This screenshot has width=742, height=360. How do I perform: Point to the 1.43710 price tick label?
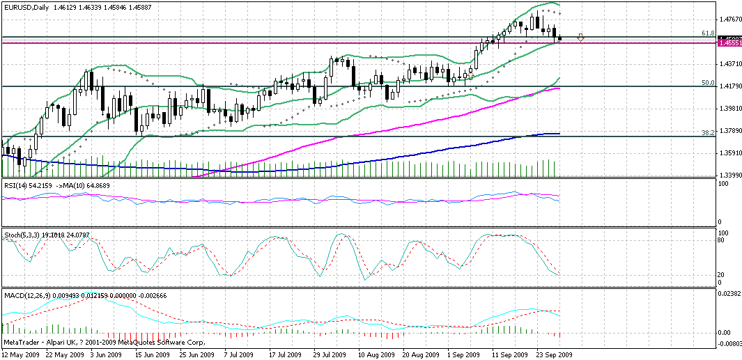pyautogui.click(x=729, y=64)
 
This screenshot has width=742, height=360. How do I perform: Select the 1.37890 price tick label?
pyautogui.click(x=729, y=131)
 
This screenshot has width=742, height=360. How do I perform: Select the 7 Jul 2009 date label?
pyautogui.click(x=239, y=354)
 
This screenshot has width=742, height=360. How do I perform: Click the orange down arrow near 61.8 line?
pyautogui.click(x=580, y=37)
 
